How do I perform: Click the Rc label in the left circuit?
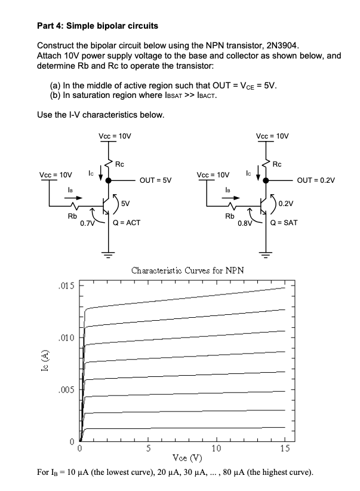[119, 164]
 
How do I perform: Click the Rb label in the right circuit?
[228, 215]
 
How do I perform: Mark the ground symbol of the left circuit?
[108, 252]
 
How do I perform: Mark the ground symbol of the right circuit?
[266, 252]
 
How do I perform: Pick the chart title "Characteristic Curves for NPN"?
[187, 270]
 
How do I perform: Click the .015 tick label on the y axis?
[67, 286]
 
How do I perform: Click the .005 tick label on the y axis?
[67, 390]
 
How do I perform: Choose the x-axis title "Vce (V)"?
[187, 458]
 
